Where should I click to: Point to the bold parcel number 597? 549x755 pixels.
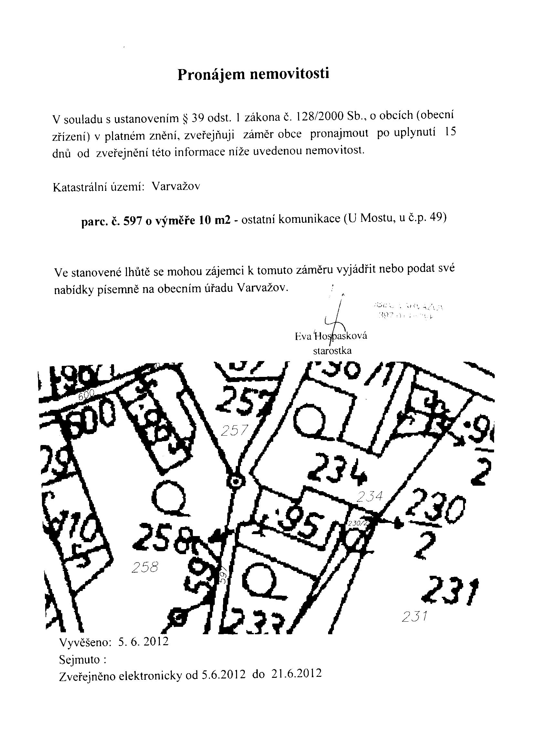tap(133, 222)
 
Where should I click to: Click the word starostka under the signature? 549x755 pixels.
tap(332, 351)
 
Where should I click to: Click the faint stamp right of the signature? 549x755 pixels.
tap(409, 311)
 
